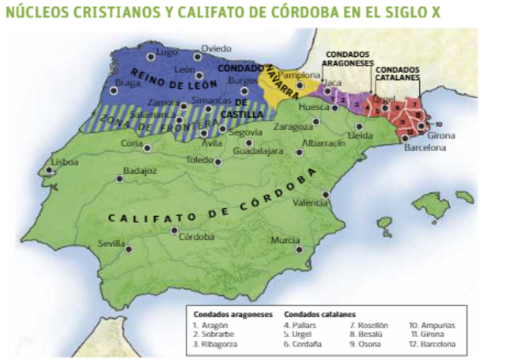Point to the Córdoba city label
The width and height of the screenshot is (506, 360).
tap(197, 236)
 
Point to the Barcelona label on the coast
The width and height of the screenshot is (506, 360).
tap(425, 148)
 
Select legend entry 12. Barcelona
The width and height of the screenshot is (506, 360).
tap(432, 344)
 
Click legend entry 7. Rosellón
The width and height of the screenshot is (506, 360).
tap(368, 325)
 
